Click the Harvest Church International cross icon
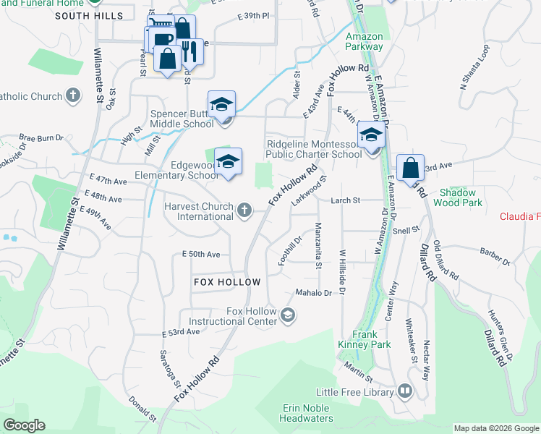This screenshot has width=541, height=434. pos(244,211)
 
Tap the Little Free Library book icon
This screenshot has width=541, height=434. pos(404,392)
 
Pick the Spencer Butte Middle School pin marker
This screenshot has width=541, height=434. pos(222,105)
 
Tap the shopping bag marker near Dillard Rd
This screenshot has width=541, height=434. pos(410,169)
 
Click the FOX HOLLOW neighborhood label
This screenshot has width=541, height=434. pos(226,281)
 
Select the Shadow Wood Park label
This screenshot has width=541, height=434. pos(458,198)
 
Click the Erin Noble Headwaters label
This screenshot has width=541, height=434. pos(307,413)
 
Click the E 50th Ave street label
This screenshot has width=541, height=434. pos(201,255)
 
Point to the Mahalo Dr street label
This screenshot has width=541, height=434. pos(312,293)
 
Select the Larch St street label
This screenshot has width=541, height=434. pos(345,200)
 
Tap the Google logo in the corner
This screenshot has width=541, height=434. pos(24,425)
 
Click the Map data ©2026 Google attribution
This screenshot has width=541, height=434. pos(496,428)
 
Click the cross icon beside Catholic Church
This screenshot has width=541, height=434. pos(72,95)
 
